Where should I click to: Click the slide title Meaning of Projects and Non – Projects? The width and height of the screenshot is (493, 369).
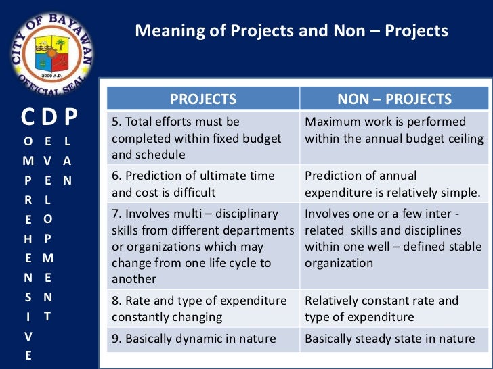(x=291, y=31)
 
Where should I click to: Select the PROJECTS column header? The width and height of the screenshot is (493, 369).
(x=203, y=100)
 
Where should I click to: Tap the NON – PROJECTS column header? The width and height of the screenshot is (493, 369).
(x=394, y=100)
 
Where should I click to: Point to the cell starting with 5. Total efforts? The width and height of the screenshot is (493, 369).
(x=203, y=139)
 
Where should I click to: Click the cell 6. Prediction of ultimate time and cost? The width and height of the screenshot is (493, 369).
(x=203, y=184)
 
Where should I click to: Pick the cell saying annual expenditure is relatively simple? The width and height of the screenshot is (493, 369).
(x=394, y=184)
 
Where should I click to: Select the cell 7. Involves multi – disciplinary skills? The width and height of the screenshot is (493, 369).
(x=203, y=247)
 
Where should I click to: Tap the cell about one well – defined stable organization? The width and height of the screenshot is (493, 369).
(x=394, y=239)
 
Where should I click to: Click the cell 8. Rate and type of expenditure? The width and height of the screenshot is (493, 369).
(x=203, y=309)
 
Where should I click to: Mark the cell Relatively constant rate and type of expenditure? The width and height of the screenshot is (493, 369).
(x=394, y=309)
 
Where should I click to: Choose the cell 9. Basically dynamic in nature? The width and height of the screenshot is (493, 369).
(x=203, y=339)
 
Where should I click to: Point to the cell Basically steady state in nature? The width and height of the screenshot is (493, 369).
(x=394, y=339)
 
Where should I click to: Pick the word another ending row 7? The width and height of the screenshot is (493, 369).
(x=134, y=279)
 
